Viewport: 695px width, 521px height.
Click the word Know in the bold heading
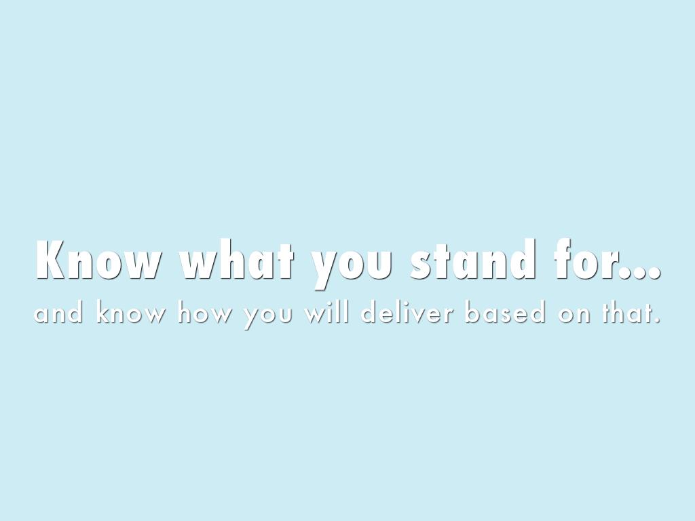98,260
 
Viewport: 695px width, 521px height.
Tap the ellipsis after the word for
639,273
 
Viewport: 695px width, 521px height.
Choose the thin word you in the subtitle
267,316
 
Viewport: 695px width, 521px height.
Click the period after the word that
657,320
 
